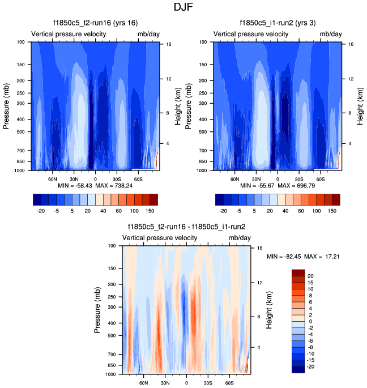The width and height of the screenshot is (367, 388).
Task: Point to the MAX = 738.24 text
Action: [x=113, y=186]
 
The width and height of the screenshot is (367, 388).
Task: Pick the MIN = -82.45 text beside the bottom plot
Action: [x=285, y=257]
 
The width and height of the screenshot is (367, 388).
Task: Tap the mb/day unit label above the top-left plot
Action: [x=149, y=35]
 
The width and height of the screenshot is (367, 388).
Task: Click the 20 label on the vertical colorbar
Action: [x=311, y=275]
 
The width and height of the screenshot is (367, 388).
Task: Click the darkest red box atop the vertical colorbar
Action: [x=298, y=272]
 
